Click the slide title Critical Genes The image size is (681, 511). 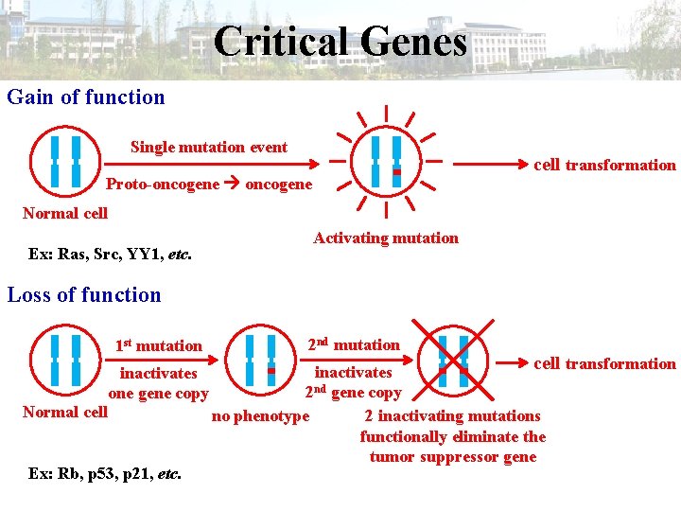(340, 42)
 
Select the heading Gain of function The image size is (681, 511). (86, 97)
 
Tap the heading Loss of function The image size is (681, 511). (84, 294)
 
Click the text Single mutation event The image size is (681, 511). (209, 147)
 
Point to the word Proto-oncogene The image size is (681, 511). (163, 184)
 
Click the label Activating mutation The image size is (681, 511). (386, 238)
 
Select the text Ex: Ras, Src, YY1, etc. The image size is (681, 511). (110, 254)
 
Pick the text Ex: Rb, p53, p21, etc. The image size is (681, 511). (106, 471)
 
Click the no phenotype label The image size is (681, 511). (260, 415)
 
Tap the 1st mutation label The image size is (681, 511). (158, 345)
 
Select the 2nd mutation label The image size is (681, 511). (353, 344)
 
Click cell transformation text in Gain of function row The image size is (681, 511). (604, 165)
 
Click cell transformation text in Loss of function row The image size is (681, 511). (604, 363)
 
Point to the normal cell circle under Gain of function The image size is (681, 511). (65, 162)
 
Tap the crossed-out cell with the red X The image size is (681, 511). (452, 361)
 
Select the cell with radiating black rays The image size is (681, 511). (386, 162)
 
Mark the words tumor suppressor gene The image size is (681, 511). (453, 457)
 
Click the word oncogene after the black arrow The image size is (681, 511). (278, 184)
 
